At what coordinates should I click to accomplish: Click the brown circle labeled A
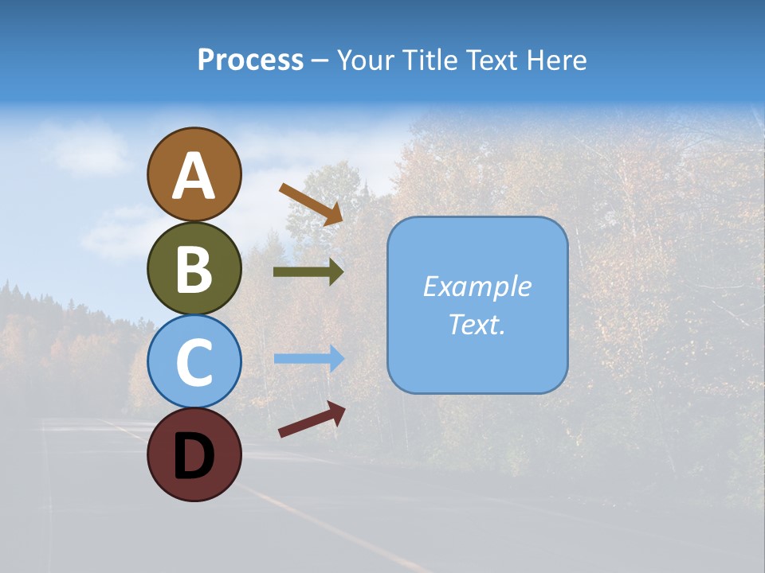[194, 174]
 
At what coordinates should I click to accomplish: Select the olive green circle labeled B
[194, 268]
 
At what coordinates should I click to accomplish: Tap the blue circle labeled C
[194, 361]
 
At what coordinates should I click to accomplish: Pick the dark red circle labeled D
[194, 454]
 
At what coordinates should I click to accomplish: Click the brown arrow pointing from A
[311, 204]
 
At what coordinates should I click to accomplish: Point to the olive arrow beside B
[308, 272]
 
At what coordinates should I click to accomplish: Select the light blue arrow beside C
[308, 359]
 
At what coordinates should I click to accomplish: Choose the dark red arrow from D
[312, 419]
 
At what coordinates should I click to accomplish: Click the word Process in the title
[250, 60]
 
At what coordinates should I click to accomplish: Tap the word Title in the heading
[430, 60]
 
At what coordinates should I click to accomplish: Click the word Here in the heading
[557, 60]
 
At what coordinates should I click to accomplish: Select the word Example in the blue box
[477, 286]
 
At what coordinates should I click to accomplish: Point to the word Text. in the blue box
[477, 324]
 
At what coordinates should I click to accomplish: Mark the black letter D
[194, 456]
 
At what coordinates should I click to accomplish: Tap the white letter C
[194, 363]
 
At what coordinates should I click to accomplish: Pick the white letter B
[194, 270]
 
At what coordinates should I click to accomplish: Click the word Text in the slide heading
[492, 60]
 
